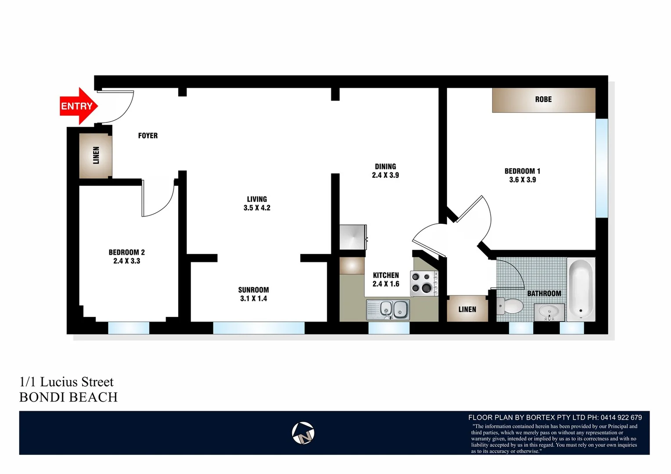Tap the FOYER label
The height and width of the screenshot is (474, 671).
(x=148, y=136)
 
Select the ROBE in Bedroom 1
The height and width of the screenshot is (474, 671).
(x=543, y=100)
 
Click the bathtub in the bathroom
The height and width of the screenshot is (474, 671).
(x=581, y=289)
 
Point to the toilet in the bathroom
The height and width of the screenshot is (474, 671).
(x=510, y=305)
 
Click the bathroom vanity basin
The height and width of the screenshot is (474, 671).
(x=549, y=312)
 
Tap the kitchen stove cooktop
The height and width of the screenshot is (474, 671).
(x=423, y=283)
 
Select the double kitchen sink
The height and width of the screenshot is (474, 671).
(x=388, y=310)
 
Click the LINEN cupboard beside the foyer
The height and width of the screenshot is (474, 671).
(x=96, y=155)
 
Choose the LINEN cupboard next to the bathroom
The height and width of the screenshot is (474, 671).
(x=467, y=309)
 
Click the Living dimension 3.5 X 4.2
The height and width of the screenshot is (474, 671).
(x=257, y=208)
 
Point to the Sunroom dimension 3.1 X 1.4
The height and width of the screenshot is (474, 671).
(x=253, y=298)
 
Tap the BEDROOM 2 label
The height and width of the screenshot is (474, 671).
(x=126, y=252)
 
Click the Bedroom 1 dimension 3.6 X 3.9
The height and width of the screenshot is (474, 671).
(x=523, y=180)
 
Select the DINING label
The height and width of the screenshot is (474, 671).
(x=385, y=166)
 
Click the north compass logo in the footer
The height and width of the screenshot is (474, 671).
(x=303, y=433)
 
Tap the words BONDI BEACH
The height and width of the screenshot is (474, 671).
(x=69, y=397)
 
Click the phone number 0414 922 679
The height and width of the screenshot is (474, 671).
(x=621, y=417)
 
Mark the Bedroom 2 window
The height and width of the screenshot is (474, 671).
(x=129, y=328)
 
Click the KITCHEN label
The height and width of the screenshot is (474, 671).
(x=386, y=275)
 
